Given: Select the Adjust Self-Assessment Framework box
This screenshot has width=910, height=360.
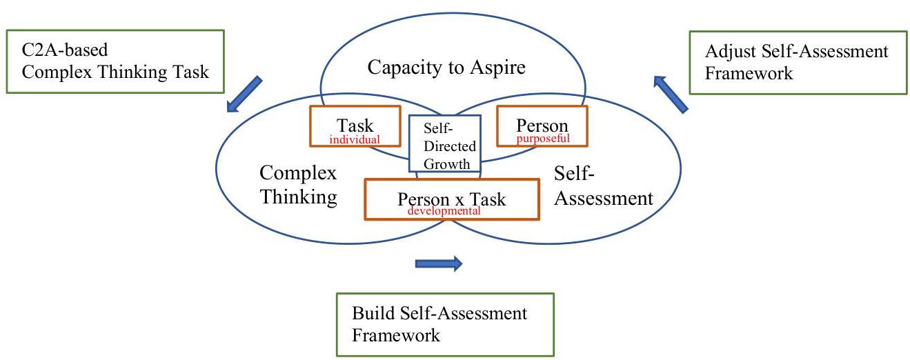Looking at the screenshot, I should coord(798,62).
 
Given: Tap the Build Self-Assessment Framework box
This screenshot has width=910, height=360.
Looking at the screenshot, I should coord(445,324).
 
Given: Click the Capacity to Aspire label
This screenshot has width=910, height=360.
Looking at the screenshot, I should coord(446,68).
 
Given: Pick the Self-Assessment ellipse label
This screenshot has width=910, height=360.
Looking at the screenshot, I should coord(603,186).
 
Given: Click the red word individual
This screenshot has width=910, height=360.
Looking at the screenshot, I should coord(355,139).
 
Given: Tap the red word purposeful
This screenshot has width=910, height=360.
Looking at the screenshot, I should coord(543,138).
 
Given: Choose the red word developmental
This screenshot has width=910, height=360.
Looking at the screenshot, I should coord(444,211).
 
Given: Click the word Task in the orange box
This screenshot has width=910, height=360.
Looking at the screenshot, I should coord(355,126).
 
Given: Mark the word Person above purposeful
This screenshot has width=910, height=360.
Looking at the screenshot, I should coord(542,126).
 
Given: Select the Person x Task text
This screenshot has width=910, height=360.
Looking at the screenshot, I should coord(451,199).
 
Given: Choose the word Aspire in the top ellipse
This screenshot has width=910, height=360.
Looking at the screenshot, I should coord(495,68).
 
